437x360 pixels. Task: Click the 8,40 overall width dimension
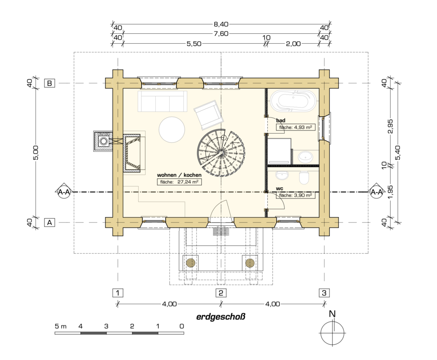click(x=221, y=24)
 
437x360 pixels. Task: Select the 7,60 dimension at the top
click(x=221, y=34)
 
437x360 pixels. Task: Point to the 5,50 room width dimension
click(x=194, y=44)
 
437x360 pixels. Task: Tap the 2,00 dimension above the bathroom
click(x=293, y=44)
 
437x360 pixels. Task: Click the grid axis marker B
click(x=50, y=83)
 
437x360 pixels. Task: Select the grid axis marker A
click(x=50, y=223)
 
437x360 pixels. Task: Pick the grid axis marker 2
click(x=221, y=293)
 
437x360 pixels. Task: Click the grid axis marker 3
click(x=324, y=293)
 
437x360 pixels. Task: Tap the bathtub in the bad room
click(x=293, y=101)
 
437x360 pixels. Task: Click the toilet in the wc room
click(x=304, y=177)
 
